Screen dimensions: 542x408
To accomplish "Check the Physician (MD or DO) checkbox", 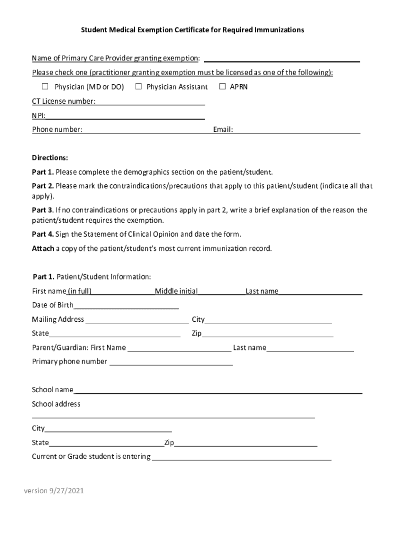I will [x=45, y=86].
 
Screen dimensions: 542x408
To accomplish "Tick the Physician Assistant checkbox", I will [x=138, y=86].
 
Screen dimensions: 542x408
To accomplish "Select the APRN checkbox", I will [x=223, y=86].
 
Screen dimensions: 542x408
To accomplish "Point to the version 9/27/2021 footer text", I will [x=54, y=491].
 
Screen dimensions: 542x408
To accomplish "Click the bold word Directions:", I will [x=50, y=158].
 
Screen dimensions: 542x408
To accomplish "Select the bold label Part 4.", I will [x=43, y=234].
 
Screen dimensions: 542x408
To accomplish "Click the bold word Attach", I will [x=43, y=249].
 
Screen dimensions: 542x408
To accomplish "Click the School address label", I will [x=56, y=404].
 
